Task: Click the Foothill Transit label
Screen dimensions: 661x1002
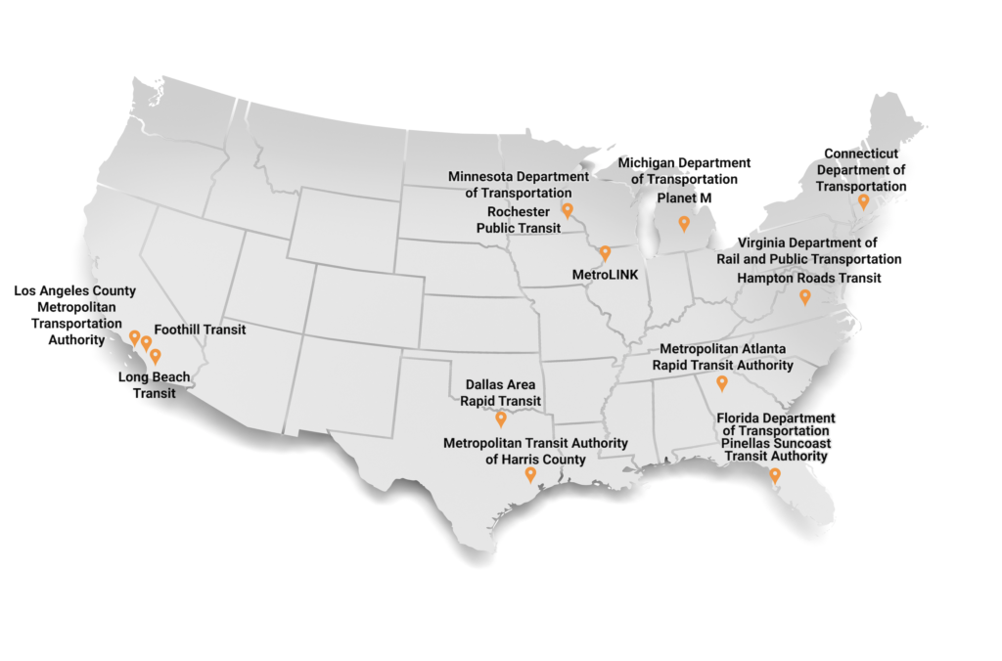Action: point(200,330)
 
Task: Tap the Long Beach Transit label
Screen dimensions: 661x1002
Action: point(155,385)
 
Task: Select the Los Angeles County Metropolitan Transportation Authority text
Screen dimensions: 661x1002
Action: point(75,316)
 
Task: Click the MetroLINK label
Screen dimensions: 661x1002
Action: point(605,276)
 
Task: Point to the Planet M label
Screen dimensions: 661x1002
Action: point(684,198)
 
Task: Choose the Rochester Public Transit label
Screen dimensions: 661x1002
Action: point(519,220)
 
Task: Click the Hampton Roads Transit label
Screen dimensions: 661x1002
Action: point(809,278)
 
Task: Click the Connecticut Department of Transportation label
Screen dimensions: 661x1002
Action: point(864,170)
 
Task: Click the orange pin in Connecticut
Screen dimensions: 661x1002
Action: point(863,200)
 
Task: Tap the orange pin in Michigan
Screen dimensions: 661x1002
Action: point(684,223)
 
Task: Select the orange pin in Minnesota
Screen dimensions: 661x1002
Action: point(567,209)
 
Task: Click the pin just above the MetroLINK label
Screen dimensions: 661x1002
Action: point(605,252)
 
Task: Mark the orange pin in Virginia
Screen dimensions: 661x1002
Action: point(804,295)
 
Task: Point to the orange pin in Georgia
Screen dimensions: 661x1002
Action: point(722,382)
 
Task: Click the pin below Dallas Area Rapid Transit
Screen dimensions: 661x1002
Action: point(501,419)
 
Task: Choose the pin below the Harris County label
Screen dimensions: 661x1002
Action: point(529,474)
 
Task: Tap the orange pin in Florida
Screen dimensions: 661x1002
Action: point(774,475)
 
